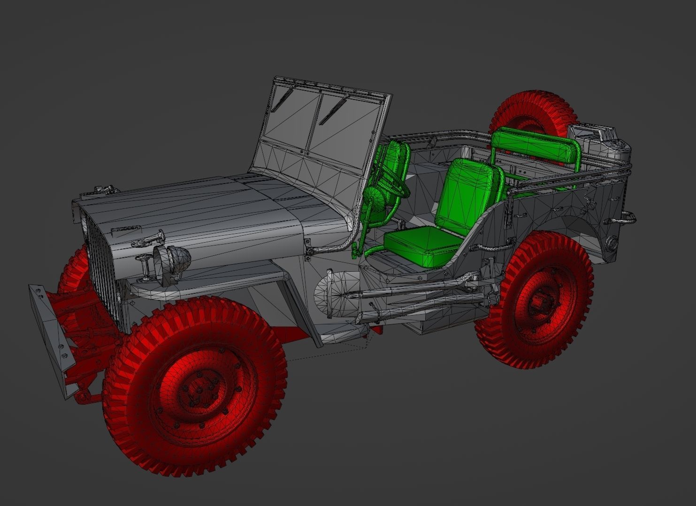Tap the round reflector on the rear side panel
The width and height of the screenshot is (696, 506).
click(612, 243)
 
